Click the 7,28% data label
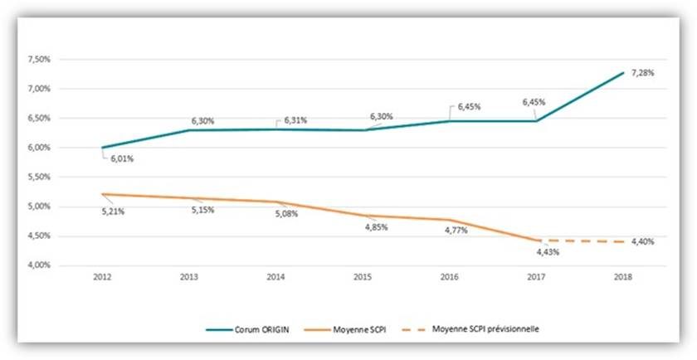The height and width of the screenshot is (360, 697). (x=643, y=73)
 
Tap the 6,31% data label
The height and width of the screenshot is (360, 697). (x=295, y=120)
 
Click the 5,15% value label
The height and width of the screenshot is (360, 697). (x=202, y=211)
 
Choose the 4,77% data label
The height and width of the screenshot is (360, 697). (x=455, y=230)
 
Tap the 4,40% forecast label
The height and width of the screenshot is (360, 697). (x=643, y=242)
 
